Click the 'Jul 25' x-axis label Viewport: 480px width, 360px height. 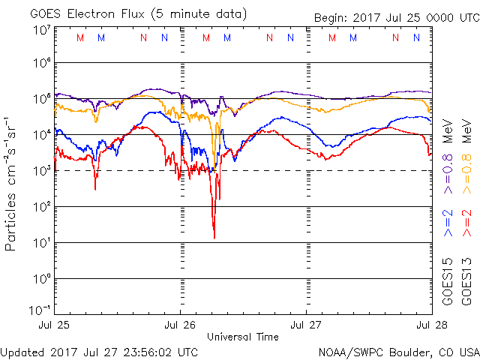click(x=55, y=325)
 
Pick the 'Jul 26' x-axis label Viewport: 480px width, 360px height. click(x=181, y=325)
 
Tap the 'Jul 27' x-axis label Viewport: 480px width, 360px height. click(x=306, y=325)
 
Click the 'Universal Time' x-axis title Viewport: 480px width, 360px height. click(x=243, y=337)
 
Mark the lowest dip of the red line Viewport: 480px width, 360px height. click(x=214, y=238)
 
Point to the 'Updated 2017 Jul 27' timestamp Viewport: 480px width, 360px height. click(x=100, y=352)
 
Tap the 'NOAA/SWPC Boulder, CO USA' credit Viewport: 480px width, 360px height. click(x=398, y=352)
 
